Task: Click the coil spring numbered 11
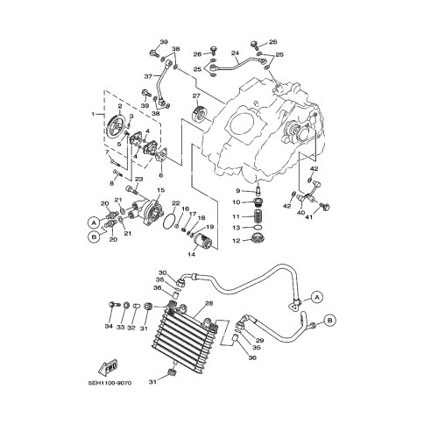(x=258, y=217)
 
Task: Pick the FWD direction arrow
(x=108, y=367)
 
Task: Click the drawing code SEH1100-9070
(x=110, y=383)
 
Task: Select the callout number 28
(x=208, y=303)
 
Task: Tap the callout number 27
(x=196, y=95)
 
